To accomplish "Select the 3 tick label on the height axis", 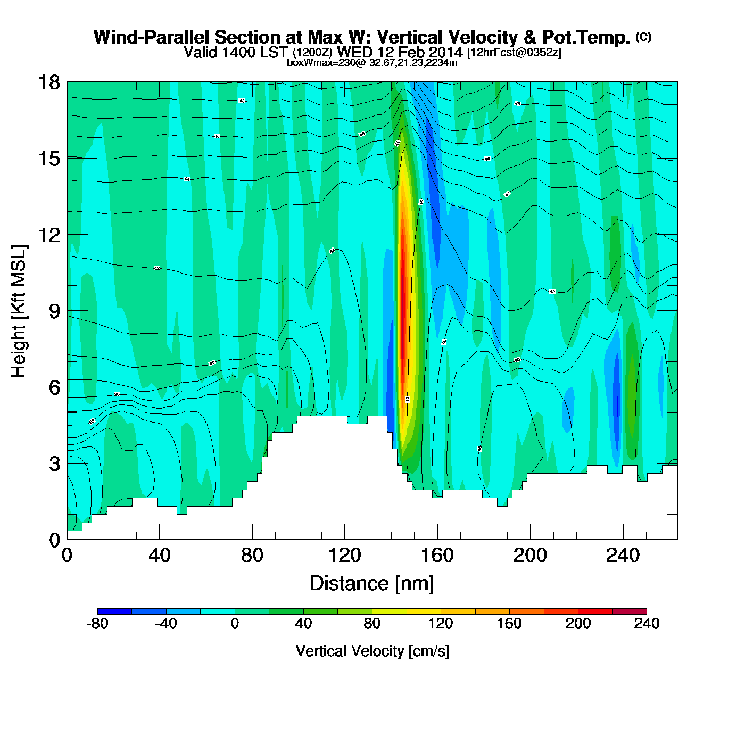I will [54, 464].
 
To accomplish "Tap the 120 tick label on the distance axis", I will [345, 556].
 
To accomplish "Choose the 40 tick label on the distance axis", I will [160, 556].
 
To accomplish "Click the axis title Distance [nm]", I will [372, 584].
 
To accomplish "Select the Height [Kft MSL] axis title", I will [19, 311].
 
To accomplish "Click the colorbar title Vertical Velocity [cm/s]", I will [372, 651].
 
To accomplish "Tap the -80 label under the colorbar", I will [97, 624].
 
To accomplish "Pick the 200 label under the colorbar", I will [578, 624].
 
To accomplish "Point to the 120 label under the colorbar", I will [441, 624].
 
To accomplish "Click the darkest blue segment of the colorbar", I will [114, 611].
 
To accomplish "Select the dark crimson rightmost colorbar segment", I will [630, 611].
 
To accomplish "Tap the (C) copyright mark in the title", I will [643, 37].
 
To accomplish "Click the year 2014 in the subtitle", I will [446, 52].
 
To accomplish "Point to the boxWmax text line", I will [372, 62].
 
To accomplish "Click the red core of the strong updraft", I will [403, 309].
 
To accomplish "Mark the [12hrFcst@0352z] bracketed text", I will [514, 53].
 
